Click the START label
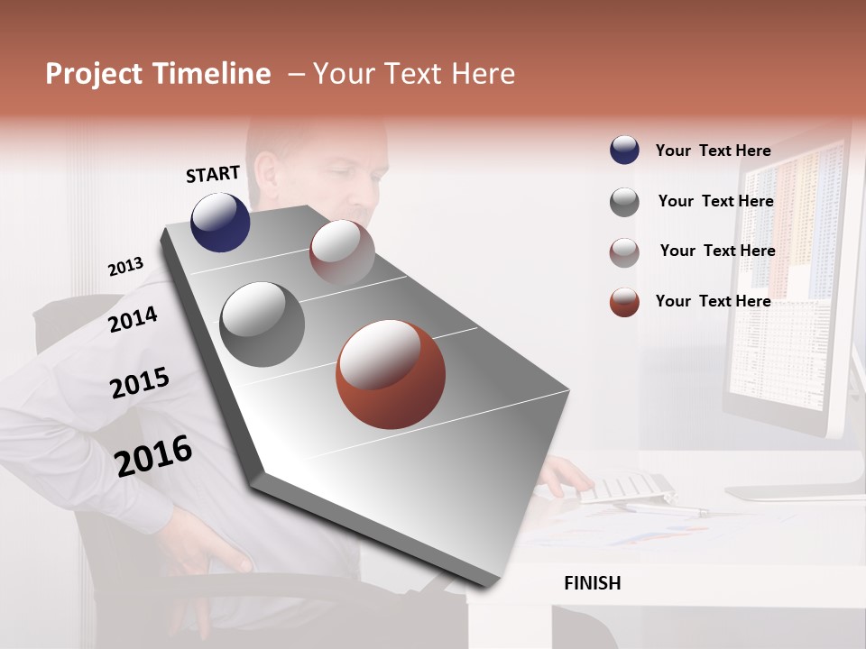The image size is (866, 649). point(213,174)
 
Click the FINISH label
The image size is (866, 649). point(592,583)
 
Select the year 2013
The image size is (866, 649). point(125,267)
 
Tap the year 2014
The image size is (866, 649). point(133,319)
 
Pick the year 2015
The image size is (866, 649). point(139,383)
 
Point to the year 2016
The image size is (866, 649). point(153,456)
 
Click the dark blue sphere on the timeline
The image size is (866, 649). point(220,222)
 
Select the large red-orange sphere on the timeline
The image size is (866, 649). point(390,373)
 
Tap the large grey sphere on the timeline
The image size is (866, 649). point(262,324)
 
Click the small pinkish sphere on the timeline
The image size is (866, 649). point(342,251)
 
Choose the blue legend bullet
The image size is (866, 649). point(624,151)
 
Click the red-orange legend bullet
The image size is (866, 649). point(624,302)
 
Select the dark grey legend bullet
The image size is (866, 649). point(624,202)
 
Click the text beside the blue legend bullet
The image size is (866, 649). point(713,151)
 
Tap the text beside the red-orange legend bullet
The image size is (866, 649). point(713,301)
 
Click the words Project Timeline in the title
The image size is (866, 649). point(158,74)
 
